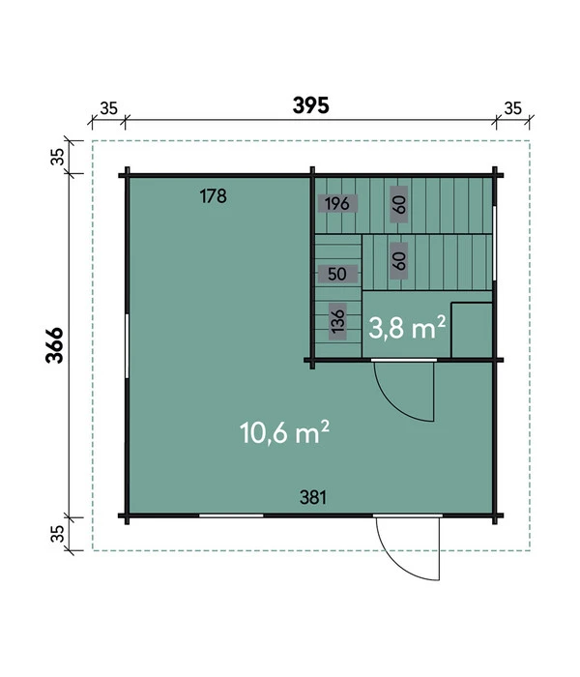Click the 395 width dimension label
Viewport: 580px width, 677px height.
tap(310, 105)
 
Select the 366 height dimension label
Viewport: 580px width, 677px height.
tap(55, 345)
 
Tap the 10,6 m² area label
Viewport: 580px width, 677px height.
tap(284, 432)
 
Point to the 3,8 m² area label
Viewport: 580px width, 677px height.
tap(407, 327)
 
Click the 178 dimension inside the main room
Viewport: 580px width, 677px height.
tap(214, 196)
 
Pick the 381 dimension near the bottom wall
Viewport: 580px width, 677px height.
tap(313, 497)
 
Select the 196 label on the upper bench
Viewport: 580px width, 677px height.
tap(337, 203)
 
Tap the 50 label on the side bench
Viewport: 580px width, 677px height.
tap(337, 274)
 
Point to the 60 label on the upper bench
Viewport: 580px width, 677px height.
tap(399, 204)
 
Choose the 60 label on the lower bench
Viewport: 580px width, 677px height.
tap(399, 261)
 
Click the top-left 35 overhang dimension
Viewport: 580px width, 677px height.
tap(108, 108)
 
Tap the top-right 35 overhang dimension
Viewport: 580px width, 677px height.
tap(512, 108)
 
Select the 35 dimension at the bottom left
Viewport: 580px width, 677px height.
tap(57, 533)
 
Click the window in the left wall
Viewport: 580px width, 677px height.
tap(127, 346)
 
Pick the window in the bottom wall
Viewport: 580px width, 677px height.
tap(231, 515)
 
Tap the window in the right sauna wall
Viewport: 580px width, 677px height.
tap(495, 244)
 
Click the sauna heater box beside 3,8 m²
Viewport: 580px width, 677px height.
tap(472, 331)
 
